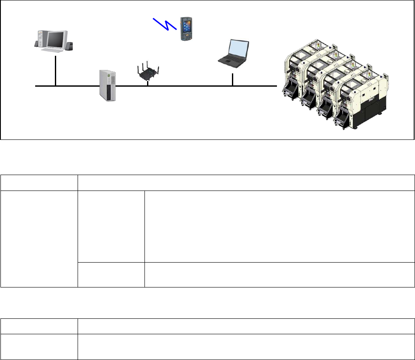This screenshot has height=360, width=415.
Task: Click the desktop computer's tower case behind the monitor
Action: [40, 38]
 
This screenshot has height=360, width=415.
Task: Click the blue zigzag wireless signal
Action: [165, 24]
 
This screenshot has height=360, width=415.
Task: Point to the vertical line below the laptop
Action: [232, 80]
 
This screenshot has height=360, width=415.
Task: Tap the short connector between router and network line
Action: [148, 83]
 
